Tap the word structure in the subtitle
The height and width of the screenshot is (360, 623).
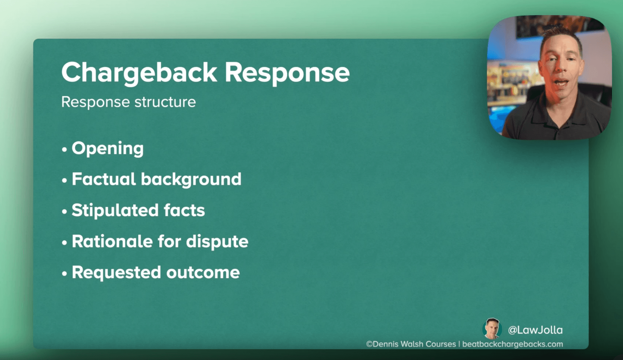point(165,102)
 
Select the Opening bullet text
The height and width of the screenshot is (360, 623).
point(108,149)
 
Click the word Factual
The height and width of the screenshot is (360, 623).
point(104,179)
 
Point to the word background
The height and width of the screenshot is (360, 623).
point(191,180)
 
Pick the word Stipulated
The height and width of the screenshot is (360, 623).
point(115,211)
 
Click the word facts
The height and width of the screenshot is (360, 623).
point(184,210)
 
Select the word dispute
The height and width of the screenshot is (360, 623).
point(217,242)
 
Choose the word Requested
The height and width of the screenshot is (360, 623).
point(116,273)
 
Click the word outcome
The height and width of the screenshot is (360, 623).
point(203,273)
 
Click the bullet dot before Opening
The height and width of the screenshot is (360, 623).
point(64,150)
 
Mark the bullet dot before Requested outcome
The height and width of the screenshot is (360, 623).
point(64,274)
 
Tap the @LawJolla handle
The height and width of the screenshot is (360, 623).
point(535,330)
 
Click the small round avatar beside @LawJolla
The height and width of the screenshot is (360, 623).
point(492,329)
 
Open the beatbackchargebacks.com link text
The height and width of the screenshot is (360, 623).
point(513,344)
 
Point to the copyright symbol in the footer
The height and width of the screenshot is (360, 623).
point(369,344)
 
